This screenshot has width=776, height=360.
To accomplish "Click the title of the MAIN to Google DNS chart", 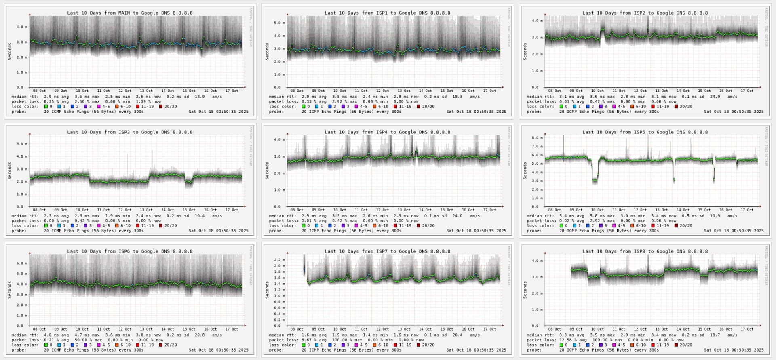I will [x=130, y=13].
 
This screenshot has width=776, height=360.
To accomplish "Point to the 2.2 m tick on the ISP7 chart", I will [x=279, y=260].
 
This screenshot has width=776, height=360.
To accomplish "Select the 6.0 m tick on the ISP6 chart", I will [x=20, y=263].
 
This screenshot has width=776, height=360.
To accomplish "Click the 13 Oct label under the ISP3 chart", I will [x=146, y=210].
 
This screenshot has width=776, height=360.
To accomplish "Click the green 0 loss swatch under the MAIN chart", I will [x=46, y=107].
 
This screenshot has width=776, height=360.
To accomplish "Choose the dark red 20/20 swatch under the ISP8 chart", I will [x=676, y=345].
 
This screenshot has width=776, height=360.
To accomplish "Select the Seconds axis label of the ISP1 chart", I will [x=267, y=52].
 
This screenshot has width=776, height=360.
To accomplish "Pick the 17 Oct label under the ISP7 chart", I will [x=489, y=329].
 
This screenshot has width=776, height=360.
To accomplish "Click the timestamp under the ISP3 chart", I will [x=218, y=231].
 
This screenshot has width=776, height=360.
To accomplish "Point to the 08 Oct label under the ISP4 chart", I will [x=297, y=210].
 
